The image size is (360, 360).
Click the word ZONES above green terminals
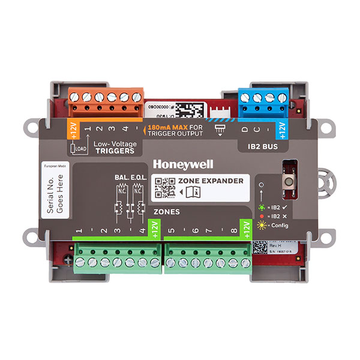pos(167,212)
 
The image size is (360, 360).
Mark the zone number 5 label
pos(171,230)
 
